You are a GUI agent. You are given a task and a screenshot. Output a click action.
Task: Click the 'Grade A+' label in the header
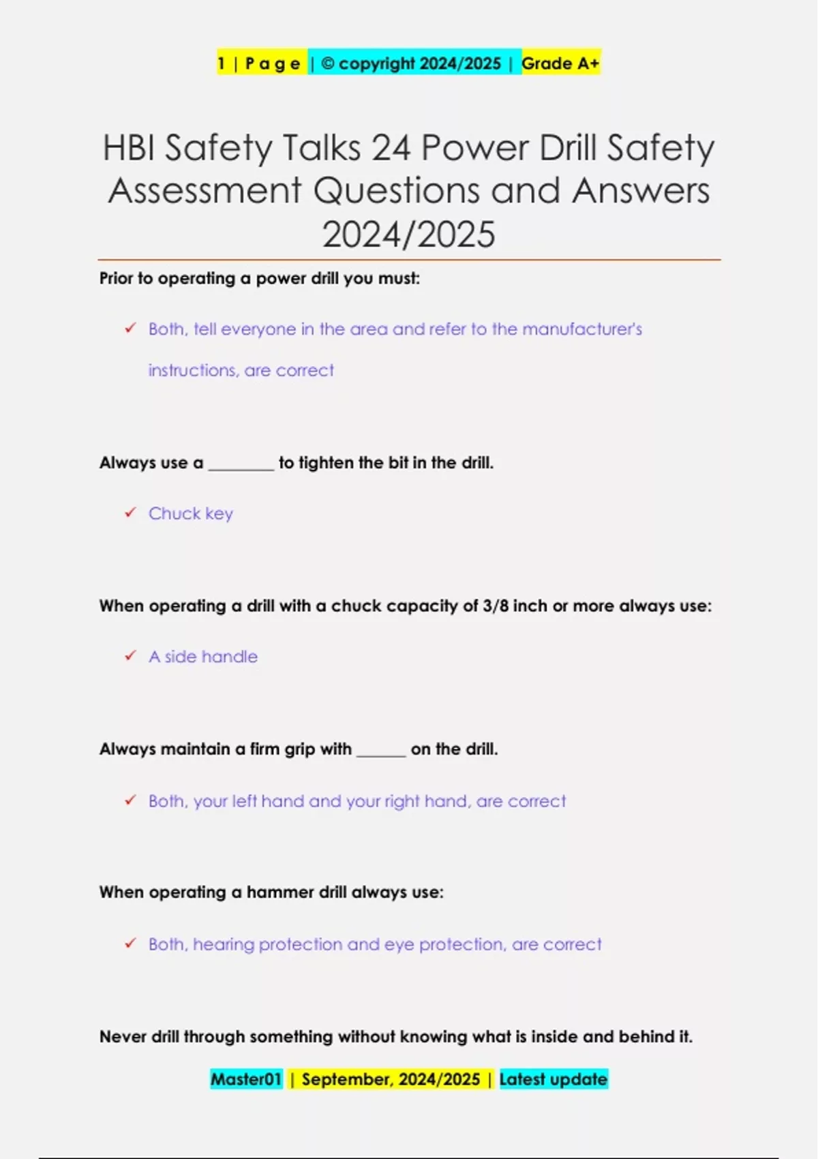coord(560,63)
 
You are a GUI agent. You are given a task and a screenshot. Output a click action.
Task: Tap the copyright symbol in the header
coord(327,63)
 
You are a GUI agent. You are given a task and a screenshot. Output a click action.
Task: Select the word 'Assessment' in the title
coord(204,190)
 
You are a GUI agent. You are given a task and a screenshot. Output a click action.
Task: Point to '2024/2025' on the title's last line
coord(408,235)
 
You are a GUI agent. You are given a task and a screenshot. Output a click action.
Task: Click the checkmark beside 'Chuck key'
coord(130,513)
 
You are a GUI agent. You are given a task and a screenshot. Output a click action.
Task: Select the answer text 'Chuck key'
coord(191,513)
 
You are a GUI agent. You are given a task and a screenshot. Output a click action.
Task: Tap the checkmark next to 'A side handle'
coord(130,656)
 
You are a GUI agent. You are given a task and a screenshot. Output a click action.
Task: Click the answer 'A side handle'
coord(203,657)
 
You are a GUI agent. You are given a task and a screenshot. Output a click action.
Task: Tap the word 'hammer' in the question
coord(294,892)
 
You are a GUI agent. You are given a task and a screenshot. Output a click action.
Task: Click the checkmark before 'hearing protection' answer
coord(130,944)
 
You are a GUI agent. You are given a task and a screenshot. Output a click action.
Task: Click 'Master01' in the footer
coord(246,1079)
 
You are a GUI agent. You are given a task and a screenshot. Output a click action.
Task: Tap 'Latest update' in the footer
coord(553,1079)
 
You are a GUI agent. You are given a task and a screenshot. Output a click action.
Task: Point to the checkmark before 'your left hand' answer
coord(130,800)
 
